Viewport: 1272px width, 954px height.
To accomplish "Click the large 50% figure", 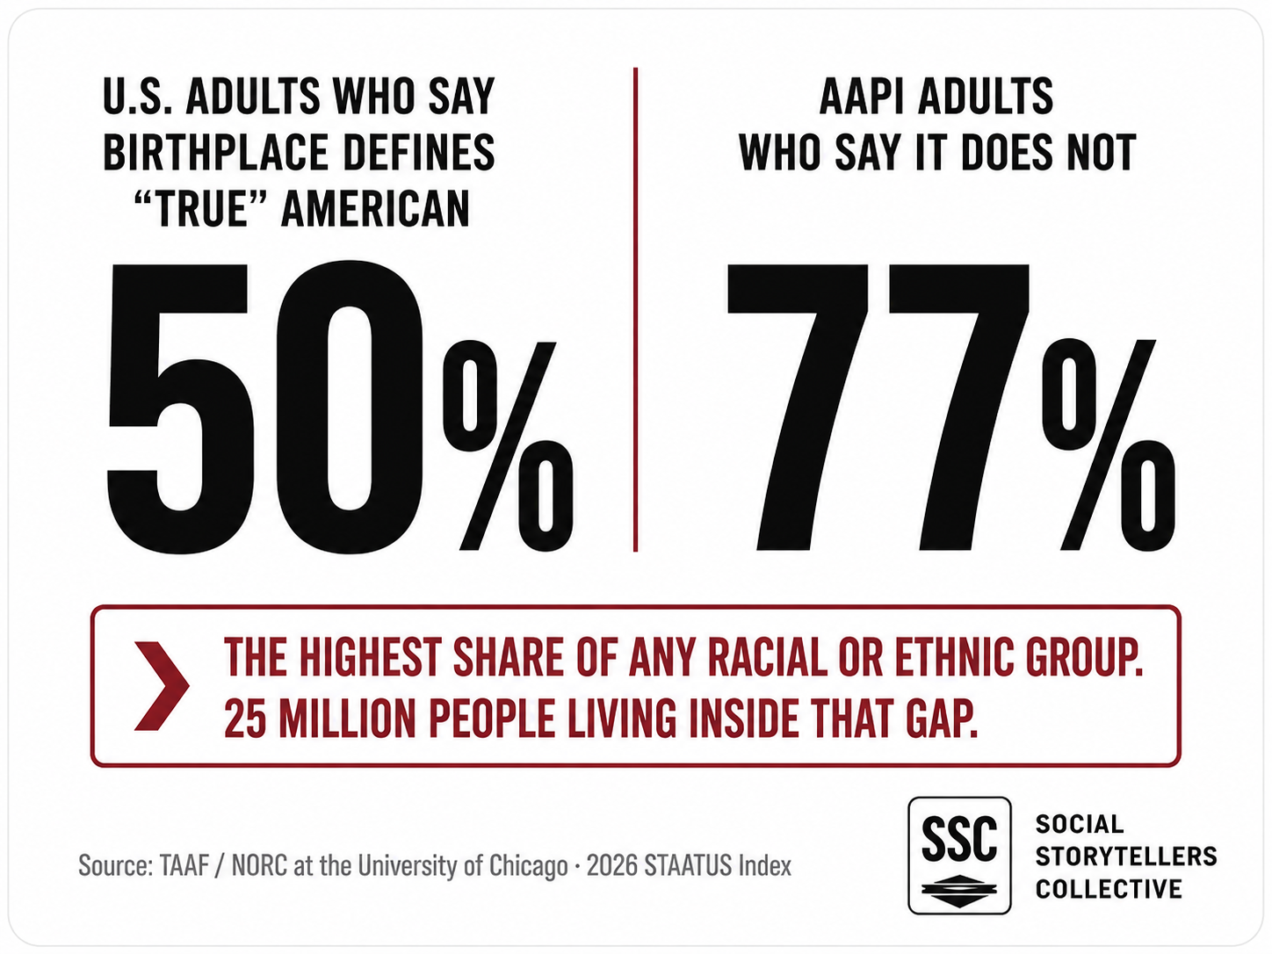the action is [340, 408].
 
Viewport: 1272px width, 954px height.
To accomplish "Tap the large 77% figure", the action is [950, 408].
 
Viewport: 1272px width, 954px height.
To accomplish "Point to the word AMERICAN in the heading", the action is [375, 209].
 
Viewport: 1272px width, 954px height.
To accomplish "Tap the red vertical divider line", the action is [636, 310].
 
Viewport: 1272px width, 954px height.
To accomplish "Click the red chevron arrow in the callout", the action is [162, 686].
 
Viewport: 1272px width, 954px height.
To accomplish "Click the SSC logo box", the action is [959, 855].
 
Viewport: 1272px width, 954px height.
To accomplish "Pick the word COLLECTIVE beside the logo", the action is [1109, 888].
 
